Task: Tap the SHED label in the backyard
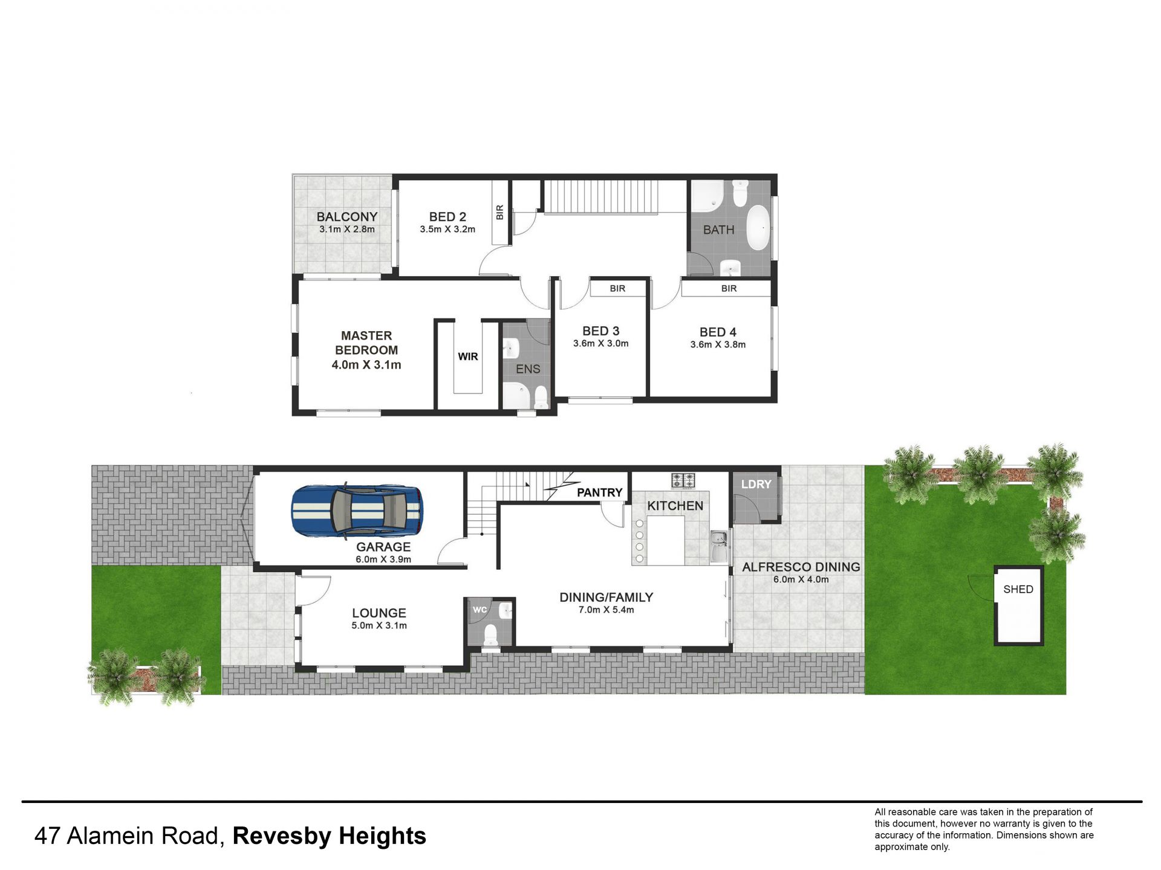(1018, 589)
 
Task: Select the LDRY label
(756, 485)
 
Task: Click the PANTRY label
(599, 492)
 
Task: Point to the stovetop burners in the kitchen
(683, 480)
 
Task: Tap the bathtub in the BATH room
(758, 228)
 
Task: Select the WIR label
(468, 356)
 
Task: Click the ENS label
(528, 369)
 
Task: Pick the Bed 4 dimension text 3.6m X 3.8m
(718, 345)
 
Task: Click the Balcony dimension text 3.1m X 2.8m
(347, 230)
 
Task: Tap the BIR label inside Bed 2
(499, 212)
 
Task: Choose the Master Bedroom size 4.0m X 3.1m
(366, 365)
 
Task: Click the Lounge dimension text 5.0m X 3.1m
(379, 626)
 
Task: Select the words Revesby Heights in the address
(330, 836)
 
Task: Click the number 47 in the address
(47, 836)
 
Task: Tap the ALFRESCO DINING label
(801, 567)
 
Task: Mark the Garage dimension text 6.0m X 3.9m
(383, 559)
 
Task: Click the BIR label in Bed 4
(729, 289)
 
